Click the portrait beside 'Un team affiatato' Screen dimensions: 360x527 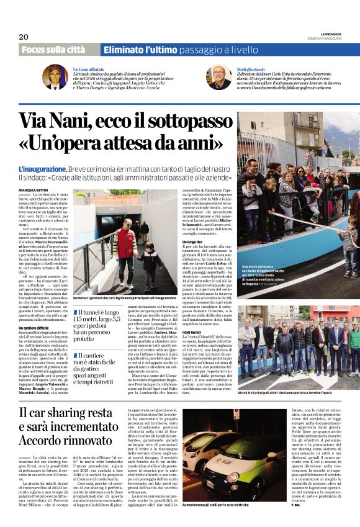coord(55,77)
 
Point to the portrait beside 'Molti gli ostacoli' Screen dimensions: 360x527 coord(219,77)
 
